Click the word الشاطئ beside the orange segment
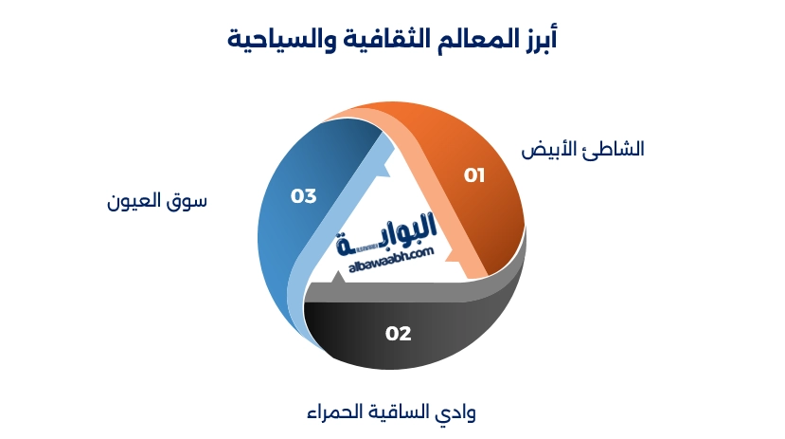614,150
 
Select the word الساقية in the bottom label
399,413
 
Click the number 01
473,175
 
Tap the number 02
398,334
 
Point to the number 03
303,196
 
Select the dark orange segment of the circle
492,209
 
